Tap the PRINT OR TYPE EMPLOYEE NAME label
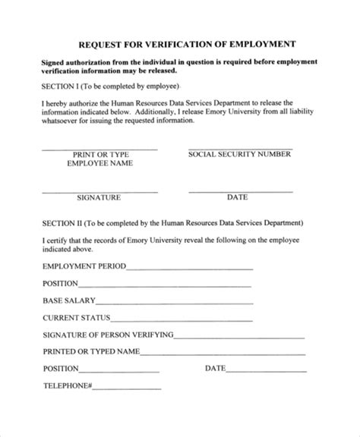(x=99, y=158)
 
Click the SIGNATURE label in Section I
(x=99, y=197)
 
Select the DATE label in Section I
(x=238, y=197)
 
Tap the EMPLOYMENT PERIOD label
(x=84, y=266)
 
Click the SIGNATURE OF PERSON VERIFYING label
(x=108, y=335)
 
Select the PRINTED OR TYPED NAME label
(x=90, y=351)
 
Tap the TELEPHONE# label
(x=68, y=385)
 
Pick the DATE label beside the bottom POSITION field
(x=215, y=368)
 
